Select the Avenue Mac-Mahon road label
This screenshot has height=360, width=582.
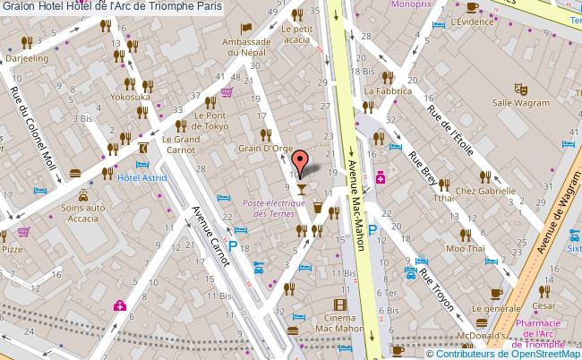point(354,176)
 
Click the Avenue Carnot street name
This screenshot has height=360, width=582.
point(212,235)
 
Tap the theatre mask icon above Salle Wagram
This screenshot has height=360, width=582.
point(517,89)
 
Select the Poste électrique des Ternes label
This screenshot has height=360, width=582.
point(273,209)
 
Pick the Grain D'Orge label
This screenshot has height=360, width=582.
point(261,148)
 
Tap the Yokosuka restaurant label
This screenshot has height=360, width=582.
point(131,95)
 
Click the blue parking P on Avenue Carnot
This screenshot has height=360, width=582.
point(234,245)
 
